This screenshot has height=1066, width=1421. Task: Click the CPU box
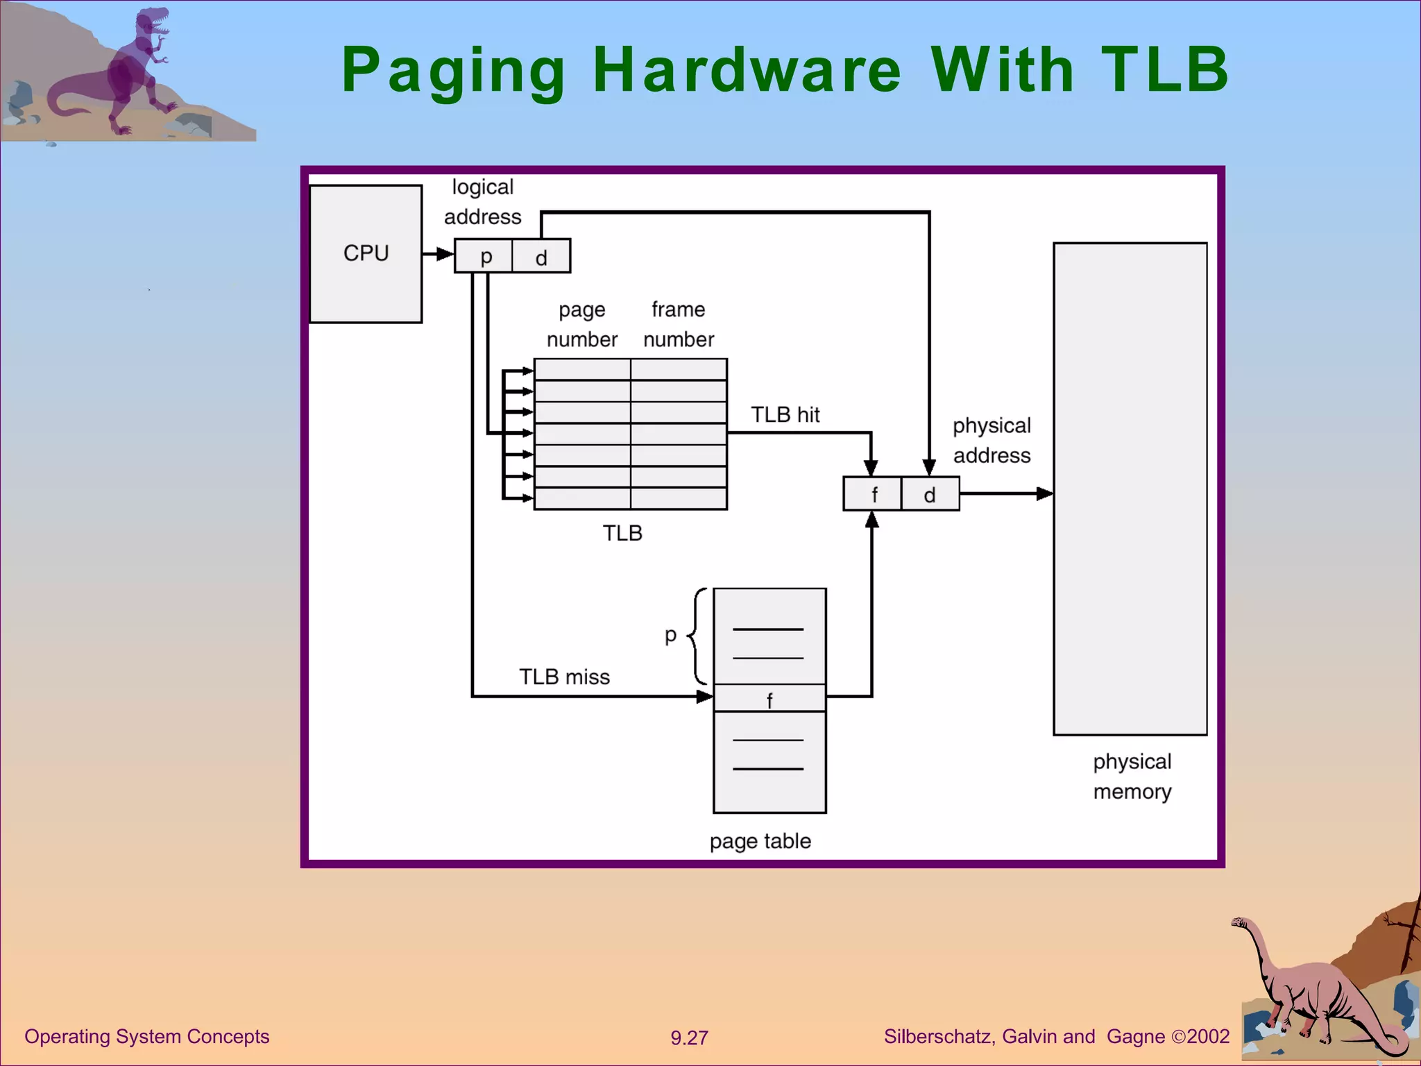[x=366, y=253]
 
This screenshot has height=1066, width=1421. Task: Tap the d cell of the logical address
[x=541, y=256]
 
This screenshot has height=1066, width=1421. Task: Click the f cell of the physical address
[x=873, y=494]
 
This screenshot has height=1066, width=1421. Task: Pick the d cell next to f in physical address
[x=930, y=494]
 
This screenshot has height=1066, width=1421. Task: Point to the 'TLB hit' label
[x=785, y=415]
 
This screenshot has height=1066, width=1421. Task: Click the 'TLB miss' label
[x=564, y=677]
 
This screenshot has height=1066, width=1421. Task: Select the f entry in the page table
[x=769, y=699]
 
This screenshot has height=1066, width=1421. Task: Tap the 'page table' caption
[x=760, y=841]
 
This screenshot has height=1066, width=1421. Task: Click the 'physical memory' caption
[x=1132, y=777]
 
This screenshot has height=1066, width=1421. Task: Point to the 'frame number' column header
[x=678, y=324]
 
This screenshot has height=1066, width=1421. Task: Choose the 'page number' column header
[x=581, y=324]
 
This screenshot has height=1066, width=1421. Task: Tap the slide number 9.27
[x=689, y=1038]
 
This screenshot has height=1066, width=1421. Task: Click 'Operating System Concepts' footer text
[x=146, y=1036]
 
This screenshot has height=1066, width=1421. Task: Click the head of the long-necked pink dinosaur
[x=1240, y=922]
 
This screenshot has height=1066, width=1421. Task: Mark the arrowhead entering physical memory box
[x=1045, y=493]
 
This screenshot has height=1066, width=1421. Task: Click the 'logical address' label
[x=482, y=202]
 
